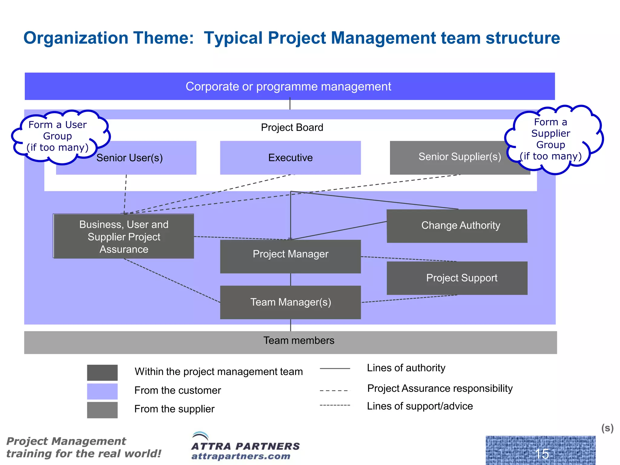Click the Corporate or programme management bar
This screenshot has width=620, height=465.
pos(289,87)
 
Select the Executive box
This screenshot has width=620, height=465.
pos(290,158)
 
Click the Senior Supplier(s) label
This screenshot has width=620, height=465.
pos(460,157)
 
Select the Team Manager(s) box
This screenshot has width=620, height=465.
pos(290,302)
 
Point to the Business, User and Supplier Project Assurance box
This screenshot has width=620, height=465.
pos(124,236)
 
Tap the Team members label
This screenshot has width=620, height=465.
pos(298,341)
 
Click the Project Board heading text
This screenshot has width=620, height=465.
pos(292,127)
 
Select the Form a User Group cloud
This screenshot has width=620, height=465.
pos(58,136)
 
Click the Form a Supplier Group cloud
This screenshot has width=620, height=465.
pos(551,139)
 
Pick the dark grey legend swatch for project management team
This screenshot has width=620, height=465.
pos(102,373)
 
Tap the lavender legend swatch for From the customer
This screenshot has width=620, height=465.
pos(102,391)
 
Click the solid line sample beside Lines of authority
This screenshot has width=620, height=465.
pos(335,368)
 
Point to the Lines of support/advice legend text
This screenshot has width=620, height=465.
pos(420,406)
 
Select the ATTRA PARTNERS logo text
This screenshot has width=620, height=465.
pos(245,446)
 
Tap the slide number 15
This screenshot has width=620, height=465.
pos(541,453)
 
